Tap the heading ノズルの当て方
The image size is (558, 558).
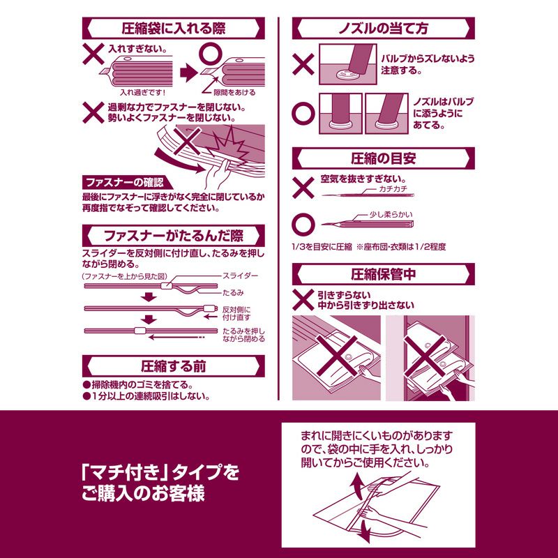(383, 29)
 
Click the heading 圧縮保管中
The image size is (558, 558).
(383, 274)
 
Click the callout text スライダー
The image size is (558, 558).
(241, 277)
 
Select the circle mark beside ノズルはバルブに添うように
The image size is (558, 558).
(303, 112)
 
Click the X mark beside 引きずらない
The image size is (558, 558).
(303, 301)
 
